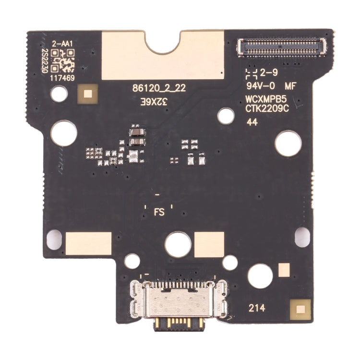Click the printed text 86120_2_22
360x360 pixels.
click(159, 88)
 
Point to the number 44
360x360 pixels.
click(252, 123)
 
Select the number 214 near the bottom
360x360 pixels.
click(255, 309)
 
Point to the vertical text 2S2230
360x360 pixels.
click(44, 61)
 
